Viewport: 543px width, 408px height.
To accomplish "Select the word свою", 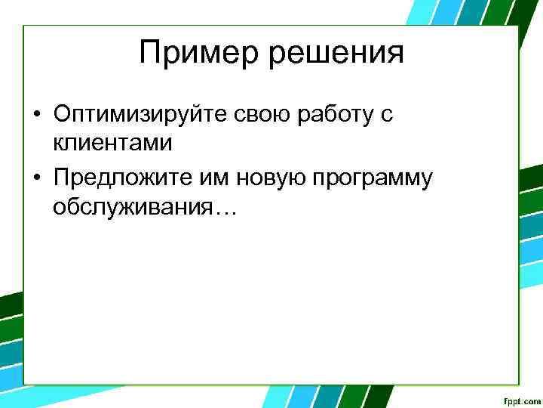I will tap(256, 114).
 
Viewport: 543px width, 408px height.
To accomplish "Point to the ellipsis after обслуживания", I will tap(225, 211).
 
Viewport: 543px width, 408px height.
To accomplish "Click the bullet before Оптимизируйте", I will tap(36, 115).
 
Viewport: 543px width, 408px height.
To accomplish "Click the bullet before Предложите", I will tap(36, 179).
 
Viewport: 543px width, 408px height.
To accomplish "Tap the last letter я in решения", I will tap(395, 54).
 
